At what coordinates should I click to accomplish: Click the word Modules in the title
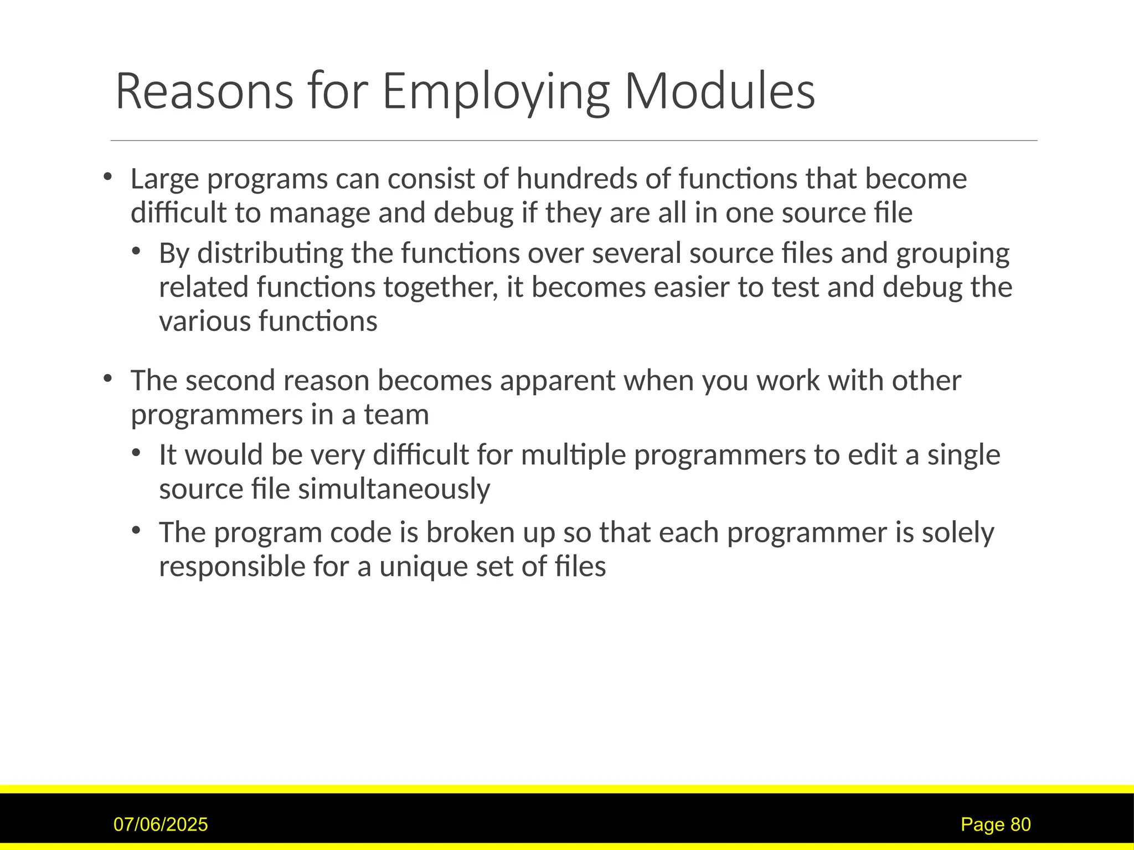click(719, 91)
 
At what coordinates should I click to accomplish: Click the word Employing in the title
click(496, 91)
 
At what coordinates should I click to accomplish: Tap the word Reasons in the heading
click(204, 91)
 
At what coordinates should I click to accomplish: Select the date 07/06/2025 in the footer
click(161, 825)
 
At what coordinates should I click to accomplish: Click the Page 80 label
click(996, 825)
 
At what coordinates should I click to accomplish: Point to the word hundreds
click(576, 179)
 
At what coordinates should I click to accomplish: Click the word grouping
click(952, 253)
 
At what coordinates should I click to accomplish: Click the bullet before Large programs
click(107, 177)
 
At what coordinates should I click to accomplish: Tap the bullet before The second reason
click(107, 379)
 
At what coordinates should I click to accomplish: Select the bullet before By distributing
click(136, 252)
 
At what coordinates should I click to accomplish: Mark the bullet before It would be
click(136, 453)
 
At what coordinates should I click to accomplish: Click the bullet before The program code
click(136, 531)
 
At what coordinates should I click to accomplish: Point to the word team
click(396, 414)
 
